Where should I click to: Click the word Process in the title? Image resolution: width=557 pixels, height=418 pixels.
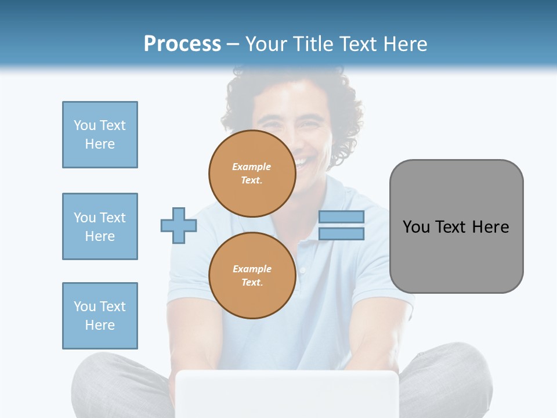pyautogui.click(x=182, y=44)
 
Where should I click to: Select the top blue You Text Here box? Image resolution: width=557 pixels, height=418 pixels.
pyautogui.click(x=100, y=135)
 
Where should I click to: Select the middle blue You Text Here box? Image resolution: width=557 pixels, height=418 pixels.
pyautogui.click(x=100, y=226)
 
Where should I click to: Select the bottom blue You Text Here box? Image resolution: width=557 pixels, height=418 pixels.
pyautogui.click(x=100, y=316)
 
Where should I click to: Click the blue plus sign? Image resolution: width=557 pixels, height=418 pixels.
pyautogui.click(x=179, y=225)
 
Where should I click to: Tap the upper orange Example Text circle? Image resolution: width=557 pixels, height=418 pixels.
pyautogui.click(x=252, y=173)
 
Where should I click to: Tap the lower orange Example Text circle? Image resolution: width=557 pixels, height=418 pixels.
pyautogui.click(x=252, y=275)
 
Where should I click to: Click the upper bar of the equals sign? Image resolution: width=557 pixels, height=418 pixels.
pyautogui.click(x=341, y=217)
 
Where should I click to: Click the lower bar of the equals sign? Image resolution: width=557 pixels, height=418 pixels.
pyautogui.click(x=341, y=233)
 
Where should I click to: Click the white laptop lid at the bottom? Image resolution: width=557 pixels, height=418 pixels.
pyautogui.click(x=287, y=395)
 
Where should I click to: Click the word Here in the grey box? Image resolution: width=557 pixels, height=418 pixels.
pyautogui.click(x=490, y=227)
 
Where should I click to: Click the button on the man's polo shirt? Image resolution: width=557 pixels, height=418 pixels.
pyautogui.click(x=302, y=270)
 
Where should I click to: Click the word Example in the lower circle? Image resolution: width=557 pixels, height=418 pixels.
pyautogui.click(x=252, y=269)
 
